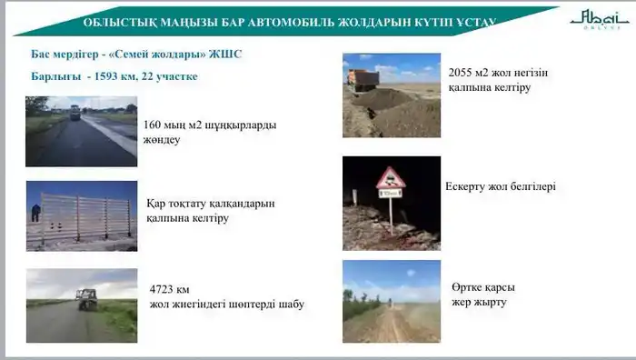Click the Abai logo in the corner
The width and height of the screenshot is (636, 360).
pos(595,19)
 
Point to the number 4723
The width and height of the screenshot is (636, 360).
pos(163,288)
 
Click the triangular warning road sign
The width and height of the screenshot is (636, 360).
pos(391,178)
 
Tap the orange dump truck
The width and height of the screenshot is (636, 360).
pos(363,79)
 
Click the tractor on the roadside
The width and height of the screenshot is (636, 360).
pos(86,299)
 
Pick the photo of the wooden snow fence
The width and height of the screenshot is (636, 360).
pos(81,216)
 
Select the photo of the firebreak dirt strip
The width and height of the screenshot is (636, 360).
pos(391,302)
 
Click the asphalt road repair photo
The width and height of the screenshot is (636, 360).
pos(81,132)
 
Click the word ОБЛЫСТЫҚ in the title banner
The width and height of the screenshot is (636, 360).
pos(116,22)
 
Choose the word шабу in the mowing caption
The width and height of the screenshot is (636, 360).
pos(288,304)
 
